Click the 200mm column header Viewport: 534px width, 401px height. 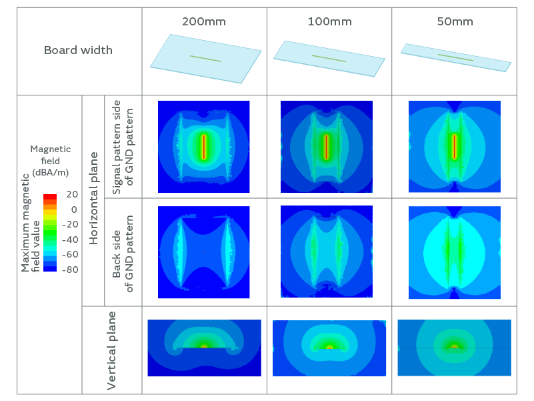(204, 21)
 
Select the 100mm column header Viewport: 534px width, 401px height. (329, 21)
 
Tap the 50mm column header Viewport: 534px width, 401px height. (455, 21)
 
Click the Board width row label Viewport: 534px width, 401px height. (78, 50)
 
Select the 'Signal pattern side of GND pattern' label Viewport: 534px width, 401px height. (123, 147)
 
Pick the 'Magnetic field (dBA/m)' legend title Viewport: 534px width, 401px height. (50, 160)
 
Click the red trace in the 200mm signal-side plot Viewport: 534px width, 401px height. (204, 146)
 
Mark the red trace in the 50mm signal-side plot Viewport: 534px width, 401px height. (454, 146)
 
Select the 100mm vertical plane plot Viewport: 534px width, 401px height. (329, 348)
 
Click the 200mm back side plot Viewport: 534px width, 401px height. (204, 252)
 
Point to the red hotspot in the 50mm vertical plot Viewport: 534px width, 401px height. (455, 347)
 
